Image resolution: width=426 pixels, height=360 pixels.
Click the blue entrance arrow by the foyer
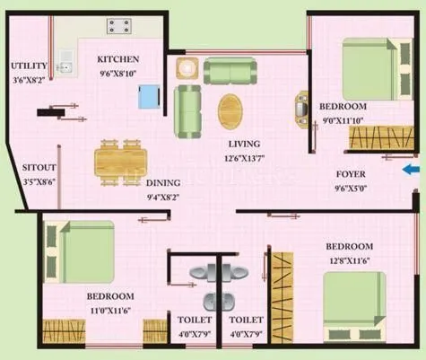(410, 169)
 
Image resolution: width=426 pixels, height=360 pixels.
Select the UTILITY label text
(29, 66)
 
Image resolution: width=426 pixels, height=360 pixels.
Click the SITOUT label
(38, 167)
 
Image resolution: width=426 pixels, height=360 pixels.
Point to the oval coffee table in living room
(230, 111)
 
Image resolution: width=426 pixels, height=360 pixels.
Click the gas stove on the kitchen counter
(118, 26)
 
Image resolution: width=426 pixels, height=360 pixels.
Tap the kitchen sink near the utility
(64, 62)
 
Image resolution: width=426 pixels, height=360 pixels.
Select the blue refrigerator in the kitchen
(150, 95)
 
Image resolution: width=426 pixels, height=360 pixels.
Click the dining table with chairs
(119, 162)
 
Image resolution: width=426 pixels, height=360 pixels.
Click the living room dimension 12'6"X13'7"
(244, 158)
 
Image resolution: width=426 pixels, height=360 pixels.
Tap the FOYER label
(351, 175)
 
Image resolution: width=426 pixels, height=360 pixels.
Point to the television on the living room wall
(300, 110)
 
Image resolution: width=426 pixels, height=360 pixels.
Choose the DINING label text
(162, 182)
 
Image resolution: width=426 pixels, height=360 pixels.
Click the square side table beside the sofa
(187, 69)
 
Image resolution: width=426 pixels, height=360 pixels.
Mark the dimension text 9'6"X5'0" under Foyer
(351, 189)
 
